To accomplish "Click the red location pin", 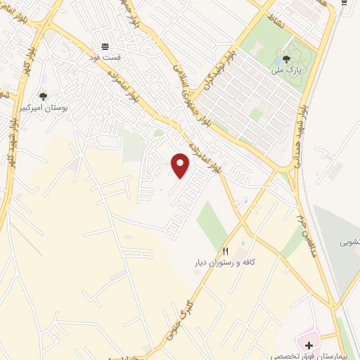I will (181, 165).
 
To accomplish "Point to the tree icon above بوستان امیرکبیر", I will (43, 97).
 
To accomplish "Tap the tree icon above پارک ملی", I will (285, 60).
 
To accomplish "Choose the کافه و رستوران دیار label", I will (226, 262).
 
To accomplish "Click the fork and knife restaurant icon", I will (226, 251).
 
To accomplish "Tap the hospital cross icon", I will (309, 346).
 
